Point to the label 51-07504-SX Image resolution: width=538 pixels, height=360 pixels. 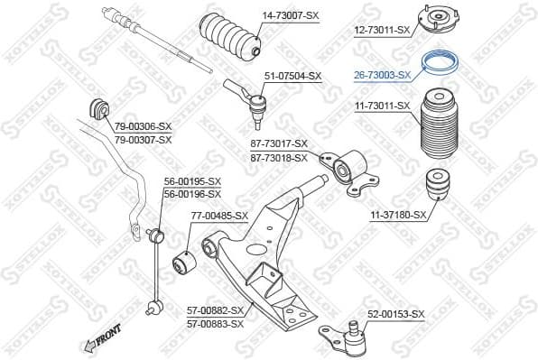point(292,77)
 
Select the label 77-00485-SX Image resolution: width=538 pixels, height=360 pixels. point(218,216)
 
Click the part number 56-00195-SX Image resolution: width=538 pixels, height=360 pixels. point(191,181)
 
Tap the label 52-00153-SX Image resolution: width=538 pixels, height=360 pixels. point(394,314)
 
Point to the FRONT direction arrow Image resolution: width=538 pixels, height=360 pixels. point(101,337)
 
